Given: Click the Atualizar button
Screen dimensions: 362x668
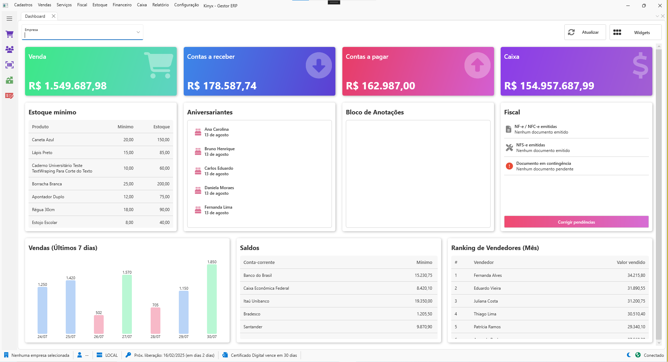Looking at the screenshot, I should pyautogui.click(x=585, y=32).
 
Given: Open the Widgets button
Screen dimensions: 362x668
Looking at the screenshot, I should pyautogui.click(x=635, y=32).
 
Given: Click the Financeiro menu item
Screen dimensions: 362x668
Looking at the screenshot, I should pyautogui.click(x=122, y=5).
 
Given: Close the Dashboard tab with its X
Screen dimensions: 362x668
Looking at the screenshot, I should pyautogui.click(x=54, y=16).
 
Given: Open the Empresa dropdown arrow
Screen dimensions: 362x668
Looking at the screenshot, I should pyautogui.click(x=138, y=32).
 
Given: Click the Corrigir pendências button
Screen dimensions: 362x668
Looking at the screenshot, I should pyautogui.click(x=576, y=222).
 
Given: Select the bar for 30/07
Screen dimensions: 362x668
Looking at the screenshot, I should pyautogui.click(x=212, y=299).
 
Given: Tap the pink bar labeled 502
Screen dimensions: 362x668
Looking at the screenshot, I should pyautogui.click(x=99, y=324).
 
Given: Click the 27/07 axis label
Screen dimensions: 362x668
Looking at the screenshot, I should pyautogui.click(x=127, y=337).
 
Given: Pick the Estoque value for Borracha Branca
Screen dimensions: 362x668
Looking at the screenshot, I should pyautogui.click(x=163, y=184).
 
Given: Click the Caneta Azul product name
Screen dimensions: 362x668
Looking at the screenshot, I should pyautogui.click(x=43, y=140).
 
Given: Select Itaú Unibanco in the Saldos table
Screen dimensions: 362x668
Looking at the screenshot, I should pyautogui.click(x=256, y=301).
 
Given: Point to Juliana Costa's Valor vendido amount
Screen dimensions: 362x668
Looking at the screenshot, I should pyautogui.click(x=636, y=301).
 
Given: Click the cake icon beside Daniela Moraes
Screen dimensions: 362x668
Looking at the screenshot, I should pyautogui.click(x=198, y=190).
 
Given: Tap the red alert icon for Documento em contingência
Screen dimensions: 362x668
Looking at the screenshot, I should pyautogui.click(x=509, y=166).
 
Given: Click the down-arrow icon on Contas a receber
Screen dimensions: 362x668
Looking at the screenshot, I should pyautogui.click(x=318, y=65).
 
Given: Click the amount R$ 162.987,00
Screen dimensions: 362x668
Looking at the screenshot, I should pyautogui.click(x=380, y=86).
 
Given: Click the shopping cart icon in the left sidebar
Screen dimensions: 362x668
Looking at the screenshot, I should pyautogui.click(x=9, y=34).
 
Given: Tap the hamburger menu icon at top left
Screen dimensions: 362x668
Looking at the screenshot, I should pyautogui.click(x=9, y=19).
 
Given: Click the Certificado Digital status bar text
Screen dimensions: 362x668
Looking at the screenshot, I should pyautogui.click(x=263, y=355).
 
